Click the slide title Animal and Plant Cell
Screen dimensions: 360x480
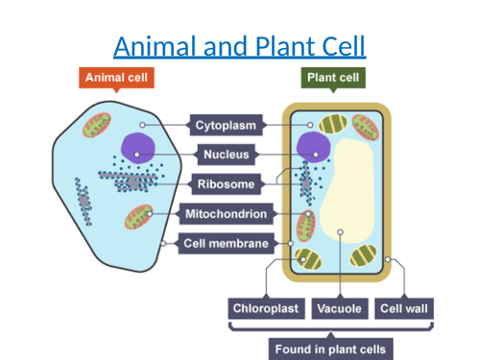240,45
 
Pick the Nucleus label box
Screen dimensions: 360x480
228,154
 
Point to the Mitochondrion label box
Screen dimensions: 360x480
228,213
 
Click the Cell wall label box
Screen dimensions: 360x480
404,308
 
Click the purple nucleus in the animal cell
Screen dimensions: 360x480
137,147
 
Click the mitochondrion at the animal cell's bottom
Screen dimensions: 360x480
141,219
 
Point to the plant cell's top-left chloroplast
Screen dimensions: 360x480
333,125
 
